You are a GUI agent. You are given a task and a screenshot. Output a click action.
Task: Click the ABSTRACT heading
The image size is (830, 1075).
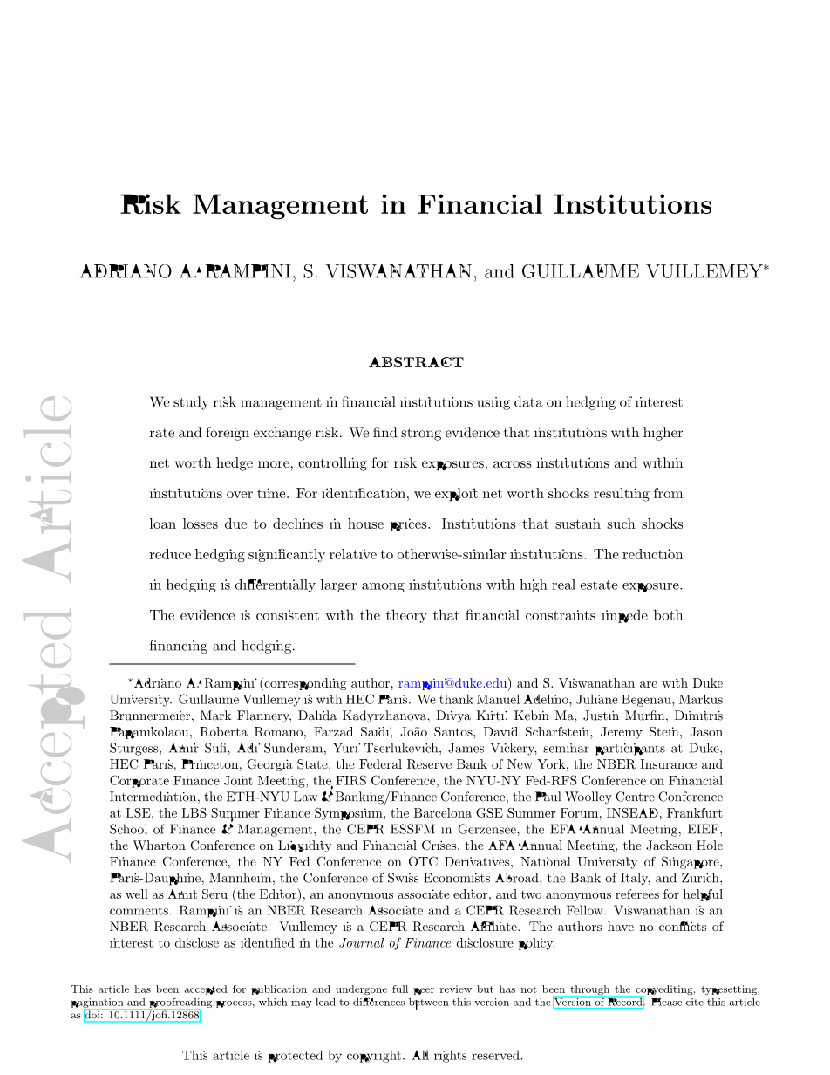[x=416, y=363]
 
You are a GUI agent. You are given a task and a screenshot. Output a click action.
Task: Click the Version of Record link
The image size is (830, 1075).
[x=598, y=1003]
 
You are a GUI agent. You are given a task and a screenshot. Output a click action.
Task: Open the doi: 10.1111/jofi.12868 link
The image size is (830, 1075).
[x=142, y=1016]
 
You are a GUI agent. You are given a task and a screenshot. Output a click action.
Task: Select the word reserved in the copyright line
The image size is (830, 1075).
[x=492, y=1056]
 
